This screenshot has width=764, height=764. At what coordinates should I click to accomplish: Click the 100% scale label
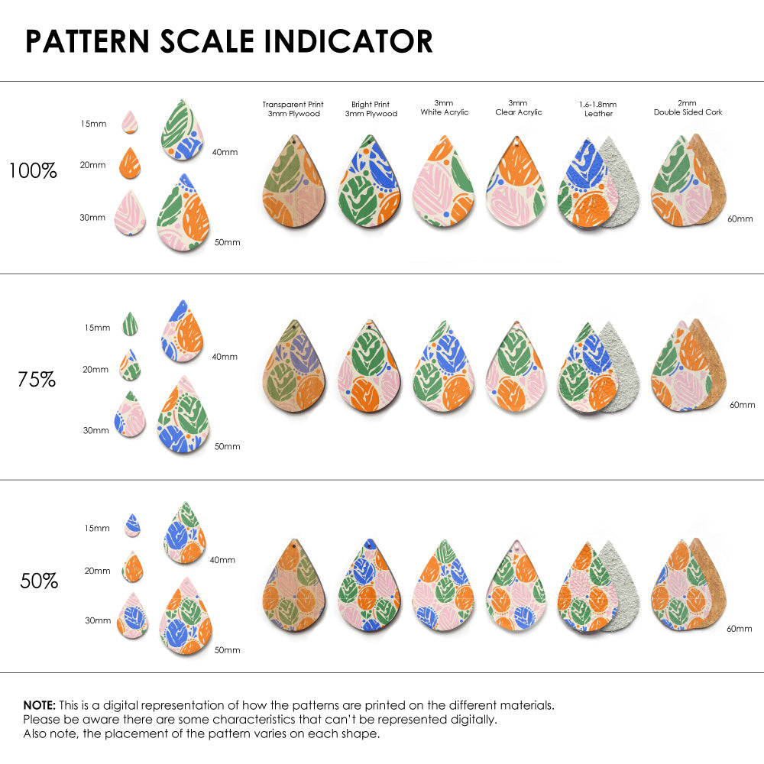[33, 171]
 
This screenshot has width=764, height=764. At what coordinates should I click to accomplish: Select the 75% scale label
[37, 379]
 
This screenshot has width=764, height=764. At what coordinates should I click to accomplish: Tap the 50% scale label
[39, 581]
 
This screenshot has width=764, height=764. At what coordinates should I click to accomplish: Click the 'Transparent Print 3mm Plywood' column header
[293, 108]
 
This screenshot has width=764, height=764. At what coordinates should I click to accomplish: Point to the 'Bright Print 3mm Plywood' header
[371, 108]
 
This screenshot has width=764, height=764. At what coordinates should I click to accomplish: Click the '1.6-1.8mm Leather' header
[598, 108]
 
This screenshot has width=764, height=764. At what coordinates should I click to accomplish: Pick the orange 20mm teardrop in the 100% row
[130, 162]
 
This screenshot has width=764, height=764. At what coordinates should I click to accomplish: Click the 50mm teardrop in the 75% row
[183, 416]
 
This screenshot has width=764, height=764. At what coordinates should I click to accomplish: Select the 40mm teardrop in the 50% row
[184, 533]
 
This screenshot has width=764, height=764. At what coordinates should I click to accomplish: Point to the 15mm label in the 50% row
[97, 528]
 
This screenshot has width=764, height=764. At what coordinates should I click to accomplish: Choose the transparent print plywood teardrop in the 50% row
[293, 588]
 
